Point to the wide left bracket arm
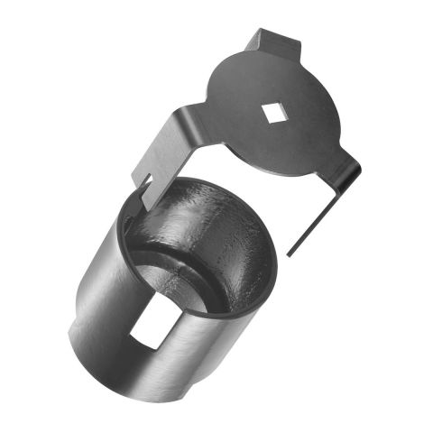tap(171, 148)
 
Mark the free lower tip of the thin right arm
tap(290, 253)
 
